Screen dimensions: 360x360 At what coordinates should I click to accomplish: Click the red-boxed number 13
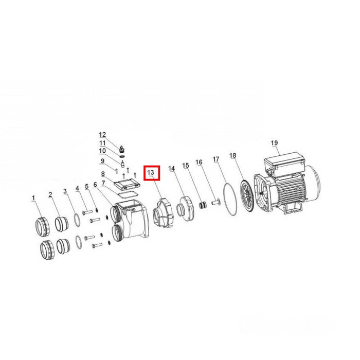151,172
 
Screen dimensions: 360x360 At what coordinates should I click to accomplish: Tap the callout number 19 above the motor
274,143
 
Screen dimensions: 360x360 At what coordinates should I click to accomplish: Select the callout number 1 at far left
33,198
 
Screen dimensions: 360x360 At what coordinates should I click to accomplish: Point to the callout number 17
216,159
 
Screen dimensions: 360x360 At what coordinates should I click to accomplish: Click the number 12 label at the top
102,135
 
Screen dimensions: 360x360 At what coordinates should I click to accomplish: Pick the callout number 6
95,184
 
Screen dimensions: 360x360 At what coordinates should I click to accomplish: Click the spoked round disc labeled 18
247,195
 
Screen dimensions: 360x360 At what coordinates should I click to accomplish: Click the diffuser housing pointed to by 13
163,213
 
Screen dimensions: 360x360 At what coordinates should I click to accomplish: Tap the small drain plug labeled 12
122,149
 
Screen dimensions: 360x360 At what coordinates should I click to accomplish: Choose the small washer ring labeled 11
122,156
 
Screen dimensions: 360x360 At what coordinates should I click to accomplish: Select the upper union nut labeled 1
43,227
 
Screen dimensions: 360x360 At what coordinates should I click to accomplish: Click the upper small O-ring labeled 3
77,220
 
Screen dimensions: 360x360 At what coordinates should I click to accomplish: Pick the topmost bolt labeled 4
87,212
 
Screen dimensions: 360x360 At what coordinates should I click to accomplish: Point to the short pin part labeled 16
215,202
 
